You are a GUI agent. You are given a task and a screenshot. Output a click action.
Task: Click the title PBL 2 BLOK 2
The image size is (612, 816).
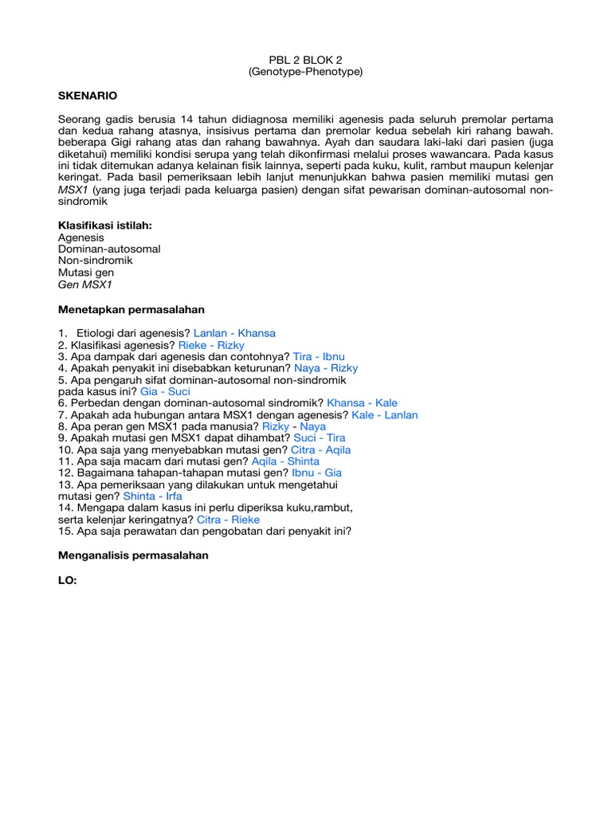[305, 59]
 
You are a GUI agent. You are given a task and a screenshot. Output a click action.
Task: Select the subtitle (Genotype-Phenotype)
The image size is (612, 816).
[305, 72]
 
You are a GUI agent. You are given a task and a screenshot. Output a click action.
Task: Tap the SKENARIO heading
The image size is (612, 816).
[88, 96]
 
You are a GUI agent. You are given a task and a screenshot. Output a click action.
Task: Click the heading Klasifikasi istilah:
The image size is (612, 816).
[104, 226]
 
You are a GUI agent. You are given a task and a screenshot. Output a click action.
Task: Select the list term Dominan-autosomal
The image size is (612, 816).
[109, 249]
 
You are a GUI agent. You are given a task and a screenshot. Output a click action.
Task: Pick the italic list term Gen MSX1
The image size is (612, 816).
[86, 284]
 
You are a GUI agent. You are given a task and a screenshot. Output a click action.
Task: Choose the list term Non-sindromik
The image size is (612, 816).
[96, 261]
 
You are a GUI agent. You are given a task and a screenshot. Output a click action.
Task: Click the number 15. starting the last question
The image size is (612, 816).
[66, 531]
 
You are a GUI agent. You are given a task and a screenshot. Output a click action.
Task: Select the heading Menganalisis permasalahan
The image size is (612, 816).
[133, 555]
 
